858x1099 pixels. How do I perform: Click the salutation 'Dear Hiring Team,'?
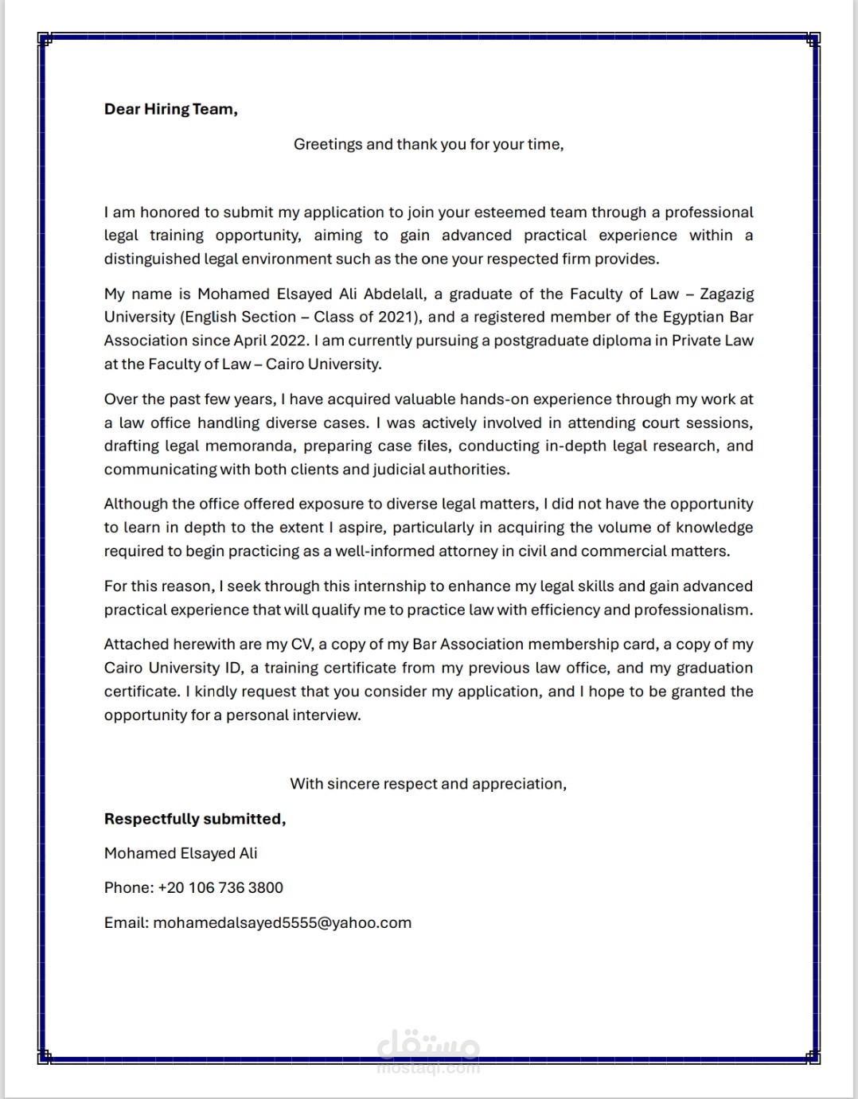(x=170, y=109)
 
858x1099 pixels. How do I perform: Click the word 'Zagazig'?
(x=727, y=294)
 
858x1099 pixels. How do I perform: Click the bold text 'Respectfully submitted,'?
(x=195, y=819)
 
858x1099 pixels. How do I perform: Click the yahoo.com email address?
(x=282, y=923)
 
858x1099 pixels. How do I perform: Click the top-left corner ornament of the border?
(x=45, y=38)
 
